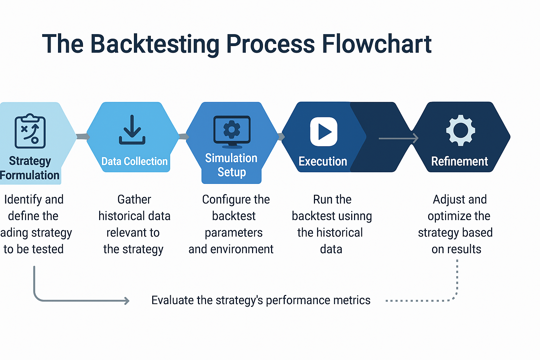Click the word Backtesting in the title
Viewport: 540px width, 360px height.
pyautogui.click(x=155, y=44)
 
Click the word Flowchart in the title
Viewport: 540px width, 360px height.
pyautogui.click(x=377, y=44)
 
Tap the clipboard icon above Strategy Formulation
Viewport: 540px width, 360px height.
pyautogui.click(x=30, y=131)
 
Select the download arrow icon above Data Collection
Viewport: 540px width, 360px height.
pyautogui.click(x=132, y=130)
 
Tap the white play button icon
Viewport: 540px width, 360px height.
pyautogui.click(x=324, y=132)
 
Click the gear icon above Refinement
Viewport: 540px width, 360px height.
pyautogui.click(x=461, y=130)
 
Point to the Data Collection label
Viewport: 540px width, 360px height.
pyautogui.click(x=134, y=161)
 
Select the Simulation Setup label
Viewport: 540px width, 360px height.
pyautogui.click(x=231, y=165)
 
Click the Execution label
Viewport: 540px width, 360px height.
pyautogui.click(x=323, y=161)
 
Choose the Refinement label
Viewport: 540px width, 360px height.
pyautogui.click(x=459, y=161)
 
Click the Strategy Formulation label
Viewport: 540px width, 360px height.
pyautogui.click(x=30, y=168)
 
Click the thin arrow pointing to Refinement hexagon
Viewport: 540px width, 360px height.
pyautogui.click(x=398, y=139)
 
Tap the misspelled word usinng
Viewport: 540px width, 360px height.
pyautogui.click(x=354, y=216)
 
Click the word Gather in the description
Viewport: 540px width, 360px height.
pyautogui.click(x=134, y=199)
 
